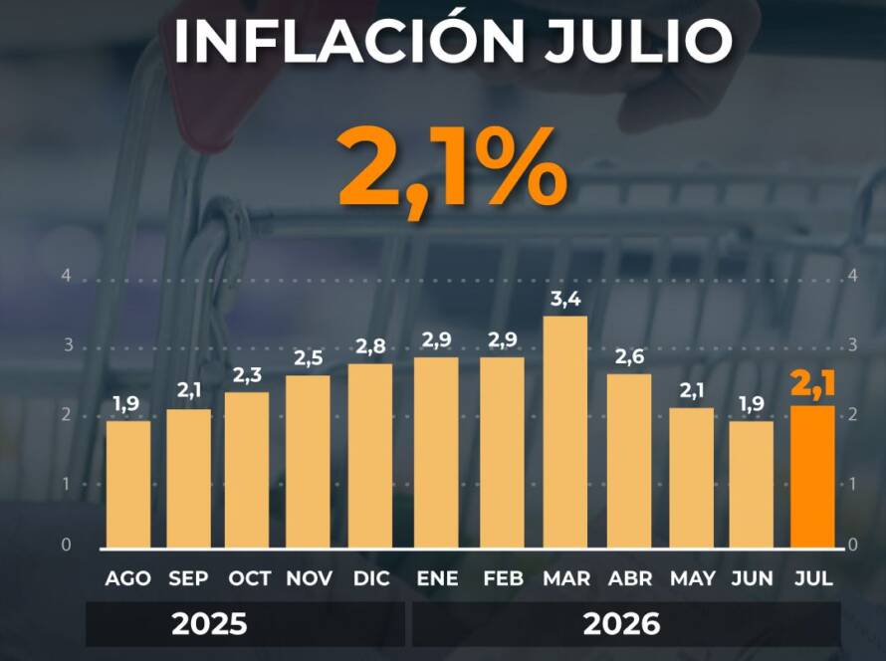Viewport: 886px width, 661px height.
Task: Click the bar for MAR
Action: [x=565, y=432]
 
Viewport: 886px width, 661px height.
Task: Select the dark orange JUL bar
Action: [x=812, y=477]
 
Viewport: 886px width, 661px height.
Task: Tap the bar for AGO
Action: [x=128, y=484]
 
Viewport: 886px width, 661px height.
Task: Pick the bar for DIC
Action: [x=370, y=456]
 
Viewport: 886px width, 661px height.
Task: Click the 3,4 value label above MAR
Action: [x=565, y=300]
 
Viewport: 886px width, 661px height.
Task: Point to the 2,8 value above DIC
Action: [x=370, y=346]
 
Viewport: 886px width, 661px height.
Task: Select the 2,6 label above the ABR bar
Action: [x=629, y=357]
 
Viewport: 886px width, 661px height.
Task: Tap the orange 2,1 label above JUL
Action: [x=812, y=384]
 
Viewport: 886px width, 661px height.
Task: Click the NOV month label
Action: [x=309, y=578]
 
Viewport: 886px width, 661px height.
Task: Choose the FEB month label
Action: [x=503, y=578]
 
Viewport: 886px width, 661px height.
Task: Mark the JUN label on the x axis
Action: [x=752, y=578]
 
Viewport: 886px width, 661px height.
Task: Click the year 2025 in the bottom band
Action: [x=210, y=624]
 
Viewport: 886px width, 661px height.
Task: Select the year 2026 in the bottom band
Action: [x=621, y=624]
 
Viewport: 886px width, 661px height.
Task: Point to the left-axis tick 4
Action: [x=67, y=276]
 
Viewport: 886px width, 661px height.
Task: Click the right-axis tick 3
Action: [x=853, y=344]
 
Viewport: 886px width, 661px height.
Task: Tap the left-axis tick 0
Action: [x=67, y=545]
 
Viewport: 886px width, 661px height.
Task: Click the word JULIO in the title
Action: [x=638, y=41]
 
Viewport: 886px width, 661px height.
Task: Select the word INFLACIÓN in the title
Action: [x=349, y=40]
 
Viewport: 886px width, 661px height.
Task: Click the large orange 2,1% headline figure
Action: [x=452, y=168]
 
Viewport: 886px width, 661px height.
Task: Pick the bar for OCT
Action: [x=247, y=470]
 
